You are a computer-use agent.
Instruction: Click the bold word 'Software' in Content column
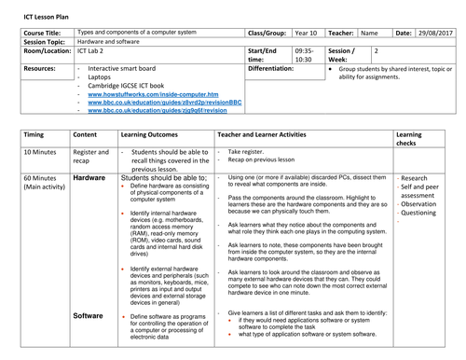pyautogui.click(x=89, y=315)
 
